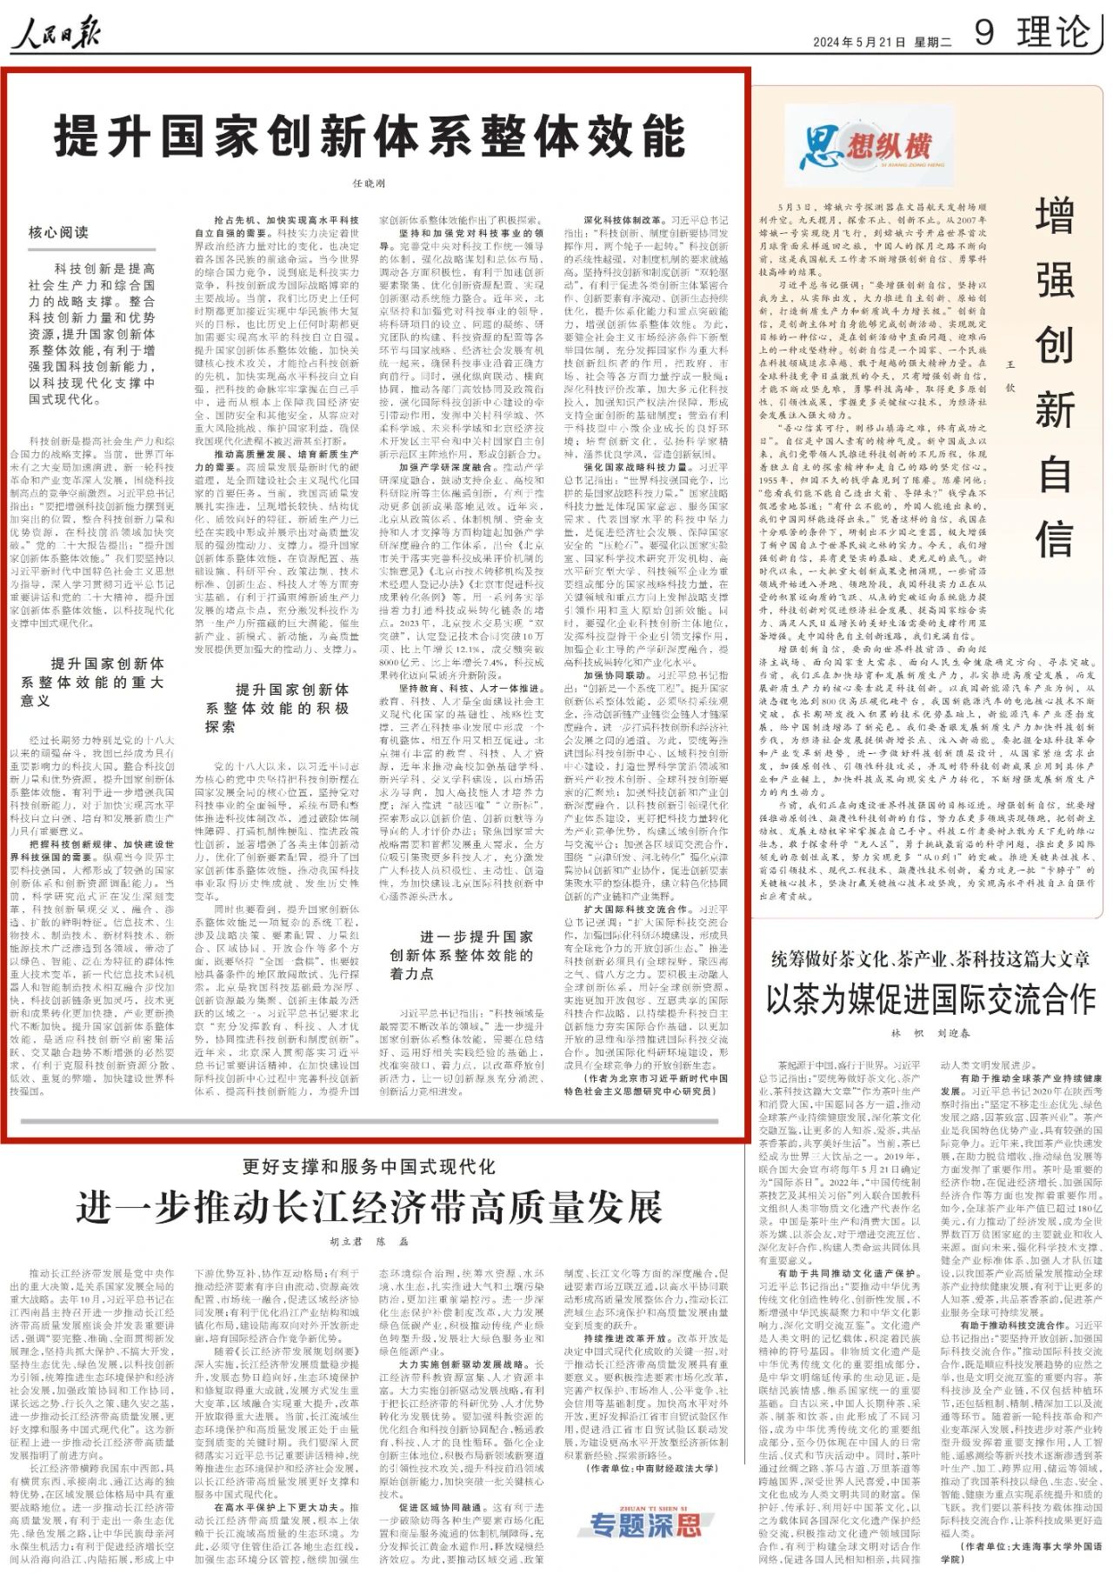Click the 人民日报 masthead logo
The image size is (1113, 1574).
pos(56,36)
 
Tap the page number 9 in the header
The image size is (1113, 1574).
pos(983,33)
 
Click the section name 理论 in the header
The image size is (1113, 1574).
pos(1053,33)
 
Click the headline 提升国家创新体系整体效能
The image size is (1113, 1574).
pos(370,137)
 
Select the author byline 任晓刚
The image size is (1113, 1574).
pos(369,183)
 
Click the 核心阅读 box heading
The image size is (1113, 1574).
pos(58,232)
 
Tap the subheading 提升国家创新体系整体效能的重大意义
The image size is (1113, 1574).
pos(93,682)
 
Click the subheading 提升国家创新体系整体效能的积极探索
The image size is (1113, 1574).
pos(278,708)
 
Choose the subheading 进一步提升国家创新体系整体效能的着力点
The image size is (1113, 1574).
pos(462,955)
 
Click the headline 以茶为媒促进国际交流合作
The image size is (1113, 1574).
pos(930,999)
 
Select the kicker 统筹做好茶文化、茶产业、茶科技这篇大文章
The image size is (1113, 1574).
pos(930,959)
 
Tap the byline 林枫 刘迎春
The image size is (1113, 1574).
pos(930,1033)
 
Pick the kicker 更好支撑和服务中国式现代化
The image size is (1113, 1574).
pos(369,1167)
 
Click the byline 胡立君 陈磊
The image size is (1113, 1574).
pos(369,1241)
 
